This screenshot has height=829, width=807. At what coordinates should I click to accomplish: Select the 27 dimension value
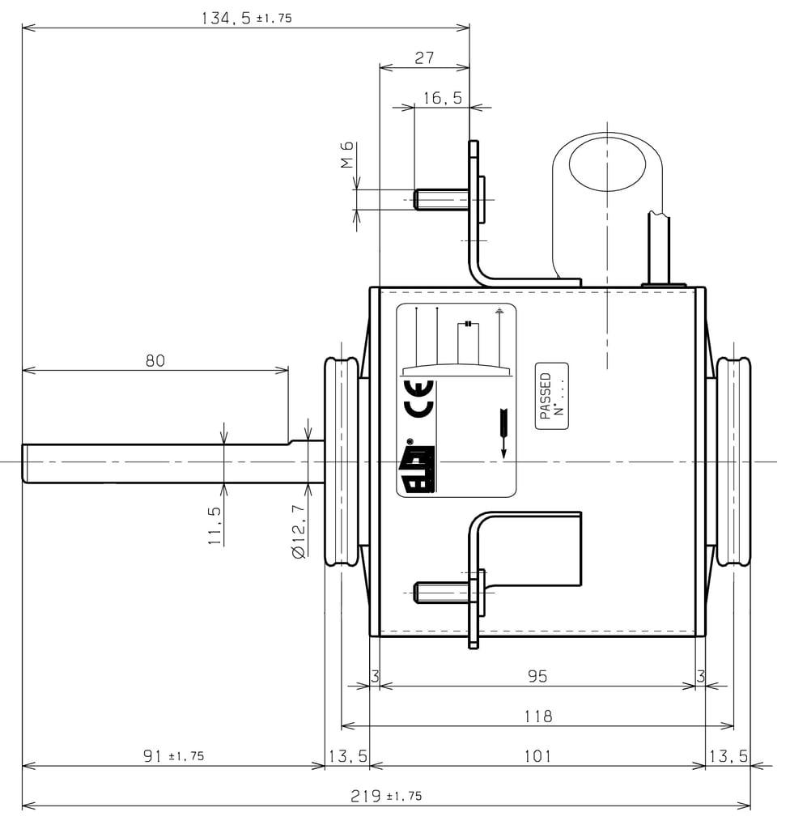click(x=424, y=57)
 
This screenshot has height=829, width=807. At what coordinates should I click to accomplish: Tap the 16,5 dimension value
click(x=442, y=98)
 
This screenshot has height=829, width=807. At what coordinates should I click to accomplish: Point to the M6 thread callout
click(x=346, y=155)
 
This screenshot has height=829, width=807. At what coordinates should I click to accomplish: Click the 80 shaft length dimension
click(x=155, y=360)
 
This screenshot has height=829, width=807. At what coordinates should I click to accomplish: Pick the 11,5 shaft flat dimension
click(x=214, y=525)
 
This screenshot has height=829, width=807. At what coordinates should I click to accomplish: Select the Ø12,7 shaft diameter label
click(x=299, y=531)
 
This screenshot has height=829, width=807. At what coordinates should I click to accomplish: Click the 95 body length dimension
click(x=537, y=676)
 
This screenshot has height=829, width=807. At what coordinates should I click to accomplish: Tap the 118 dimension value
click(x=538, y=716)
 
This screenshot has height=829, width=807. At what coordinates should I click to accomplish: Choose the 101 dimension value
click(x=537, y=756)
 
